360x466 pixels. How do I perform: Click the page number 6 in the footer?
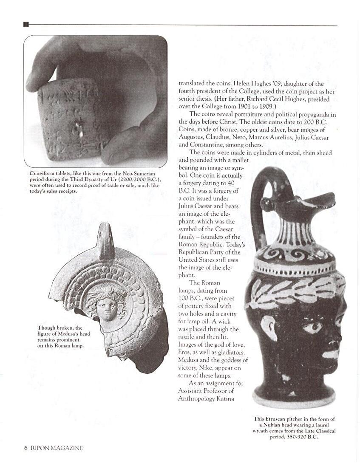pyautogui.click(x=26, y=448)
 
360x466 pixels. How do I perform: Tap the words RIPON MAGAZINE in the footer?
pyautogui.click(x=57, y=448)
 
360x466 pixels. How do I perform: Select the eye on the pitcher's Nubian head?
pyautogui.click(x=313, y=327)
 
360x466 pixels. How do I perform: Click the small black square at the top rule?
pyautogui.click(x=26, y=25)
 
